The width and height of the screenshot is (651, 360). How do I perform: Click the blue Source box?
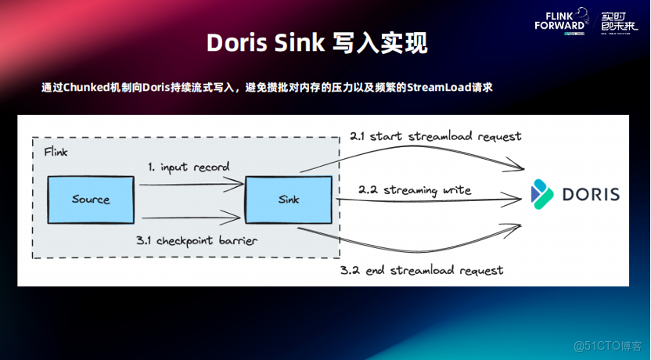91,199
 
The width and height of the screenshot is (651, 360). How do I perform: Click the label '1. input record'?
189,167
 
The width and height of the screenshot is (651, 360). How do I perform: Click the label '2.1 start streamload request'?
435,136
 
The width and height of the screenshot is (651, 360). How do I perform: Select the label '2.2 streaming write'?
415,190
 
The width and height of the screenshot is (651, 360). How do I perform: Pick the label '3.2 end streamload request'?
421,270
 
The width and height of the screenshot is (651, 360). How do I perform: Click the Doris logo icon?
542,193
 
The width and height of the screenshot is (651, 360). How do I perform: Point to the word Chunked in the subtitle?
86,87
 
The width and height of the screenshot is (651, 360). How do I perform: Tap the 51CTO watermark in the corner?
607,345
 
